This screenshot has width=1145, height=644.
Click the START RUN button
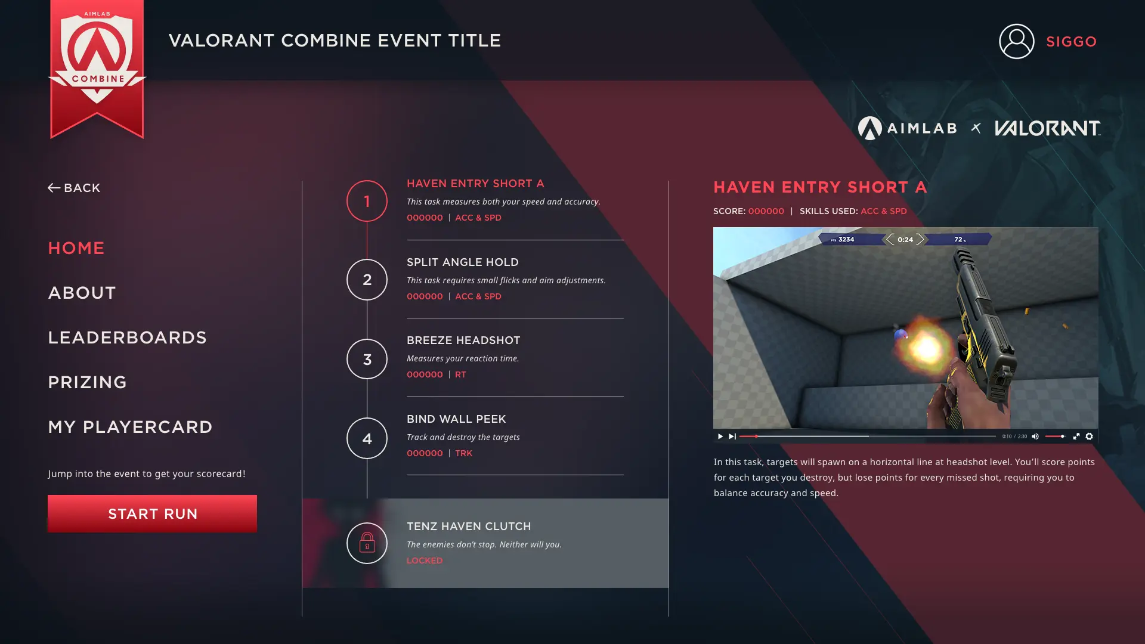click(x=152, y=513)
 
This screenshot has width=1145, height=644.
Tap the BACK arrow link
click(x=74, y=188)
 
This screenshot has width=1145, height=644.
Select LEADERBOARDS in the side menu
click(x=127, y=338)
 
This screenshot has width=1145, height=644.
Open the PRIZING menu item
click(x=87, y=382)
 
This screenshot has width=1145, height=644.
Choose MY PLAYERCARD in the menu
click(x=130, y=427)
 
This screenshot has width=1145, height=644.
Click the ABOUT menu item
click(x=82, y=293)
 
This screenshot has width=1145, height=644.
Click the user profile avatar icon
click(x=1017, y=41)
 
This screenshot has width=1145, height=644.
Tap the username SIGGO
click(x=1072, y=42)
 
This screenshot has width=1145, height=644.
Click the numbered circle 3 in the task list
click(x=367, y=359)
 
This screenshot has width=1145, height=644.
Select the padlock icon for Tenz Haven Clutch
click(x=367, y=543)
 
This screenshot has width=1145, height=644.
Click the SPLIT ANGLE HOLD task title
click(x=463, y=262)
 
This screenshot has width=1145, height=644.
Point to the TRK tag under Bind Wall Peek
click(x=463, y=453)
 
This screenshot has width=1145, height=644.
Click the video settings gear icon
click(x=1089, y=436)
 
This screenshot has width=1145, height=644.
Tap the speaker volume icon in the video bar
click(x=1035, y=436)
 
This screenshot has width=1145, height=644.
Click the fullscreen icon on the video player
click(x=1076, y=436)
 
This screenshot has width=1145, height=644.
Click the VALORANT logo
click(x=1047, y=128)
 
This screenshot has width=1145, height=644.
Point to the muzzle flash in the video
click(x=926, y=348)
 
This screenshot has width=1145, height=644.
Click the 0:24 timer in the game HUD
click(x=905, y=240)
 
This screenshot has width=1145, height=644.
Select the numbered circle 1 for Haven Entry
click(x=367, y=201)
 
